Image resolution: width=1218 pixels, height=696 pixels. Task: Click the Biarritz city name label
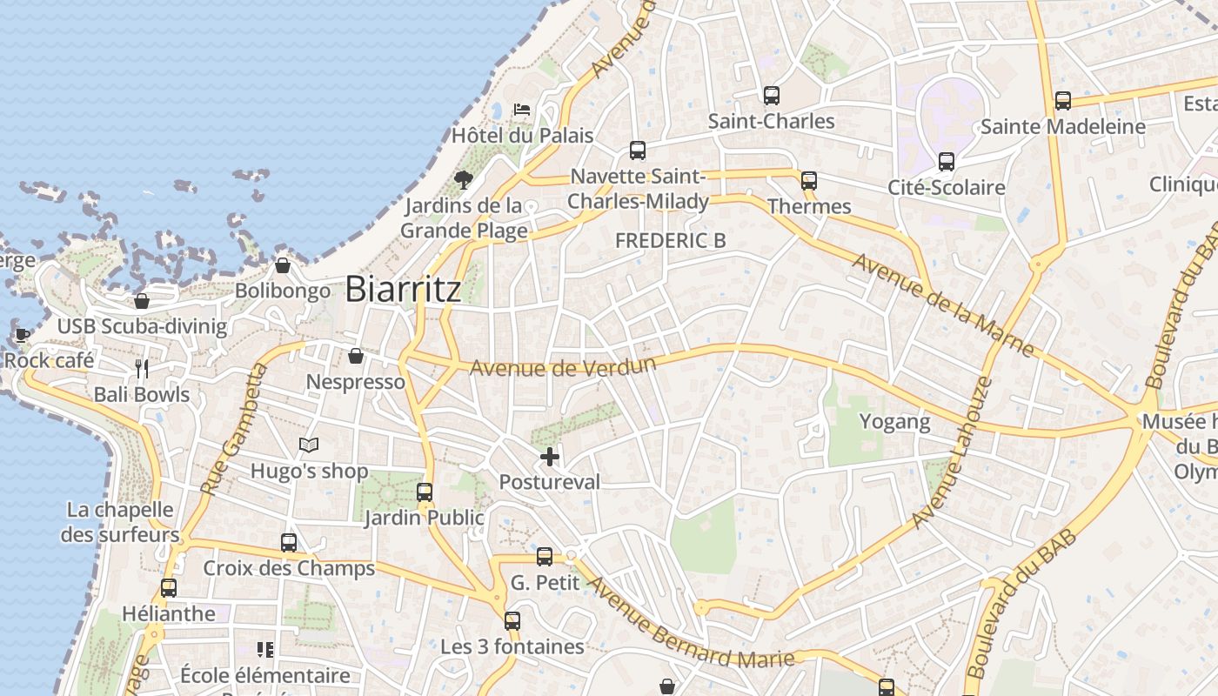click(x=403, y=290)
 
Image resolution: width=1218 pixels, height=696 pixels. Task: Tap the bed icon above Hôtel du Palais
click(x=522, y=110)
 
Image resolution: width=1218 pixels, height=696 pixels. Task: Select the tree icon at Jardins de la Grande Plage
click(x=464, y=180)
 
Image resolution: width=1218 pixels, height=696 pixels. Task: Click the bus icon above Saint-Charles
click(x=771, y=96)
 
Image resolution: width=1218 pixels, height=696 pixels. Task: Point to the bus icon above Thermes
click(x=809, y=181)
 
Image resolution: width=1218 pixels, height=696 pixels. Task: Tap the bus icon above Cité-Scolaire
click(x=947, y=162)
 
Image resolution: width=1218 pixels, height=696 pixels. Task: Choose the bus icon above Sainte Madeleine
click(x=1062, y=101)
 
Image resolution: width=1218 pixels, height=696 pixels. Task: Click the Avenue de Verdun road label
click(x=562, y=367)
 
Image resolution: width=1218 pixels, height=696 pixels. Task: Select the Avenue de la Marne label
click(x=943, y=304)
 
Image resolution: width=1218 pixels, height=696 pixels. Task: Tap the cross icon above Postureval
click(x=550, y=456)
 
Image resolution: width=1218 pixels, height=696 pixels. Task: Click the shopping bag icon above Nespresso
click(x=355, y=356)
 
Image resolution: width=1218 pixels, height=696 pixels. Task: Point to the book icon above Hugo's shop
click(x=309, y=445)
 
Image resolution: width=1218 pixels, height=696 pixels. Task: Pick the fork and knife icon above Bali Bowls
click(x=142, y=369)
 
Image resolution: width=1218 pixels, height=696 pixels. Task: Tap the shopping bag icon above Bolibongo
click(x=282, y=265)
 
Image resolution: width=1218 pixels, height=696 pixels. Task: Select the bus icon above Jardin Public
click(x=425, y=492)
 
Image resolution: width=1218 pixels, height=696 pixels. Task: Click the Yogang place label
click(x=894, y=422)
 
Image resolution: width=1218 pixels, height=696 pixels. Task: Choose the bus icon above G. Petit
click(x=545, y=557)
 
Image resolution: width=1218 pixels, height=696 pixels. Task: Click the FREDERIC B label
click(x=670, y=241)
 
